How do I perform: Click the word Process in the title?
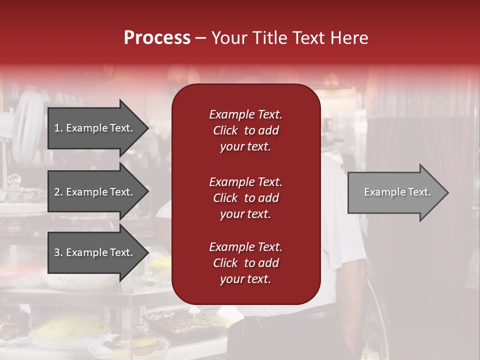157,37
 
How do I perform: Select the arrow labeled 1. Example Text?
95,128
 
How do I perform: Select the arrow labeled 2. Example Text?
95,192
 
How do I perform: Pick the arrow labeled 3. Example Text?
95,252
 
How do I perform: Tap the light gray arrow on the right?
395,192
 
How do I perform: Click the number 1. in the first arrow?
58,128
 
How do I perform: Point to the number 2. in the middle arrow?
58,192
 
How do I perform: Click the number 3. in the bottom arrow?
58,252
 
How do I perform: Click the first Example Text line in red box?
245,114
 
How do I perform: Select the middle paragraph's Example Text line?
245,181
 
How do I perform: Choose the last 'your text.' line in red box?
245,279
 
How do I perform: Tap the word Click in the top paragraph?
225,130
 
